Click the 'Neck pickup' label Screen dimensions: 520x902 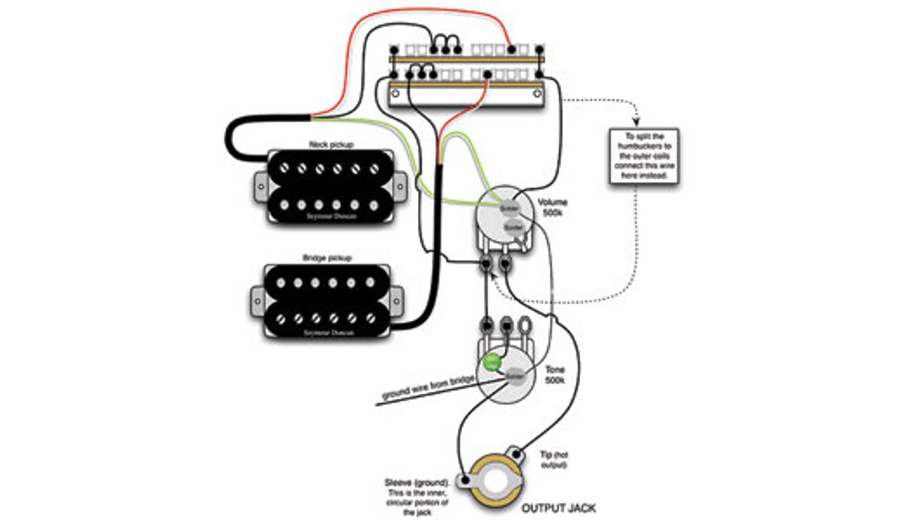(331, 144)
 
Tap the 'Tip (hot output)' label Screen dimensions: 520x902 (557, 460)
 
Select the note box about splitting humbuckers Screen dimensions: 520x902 (642, 156)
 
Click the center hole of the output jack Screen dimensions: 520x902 (489, 482)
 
